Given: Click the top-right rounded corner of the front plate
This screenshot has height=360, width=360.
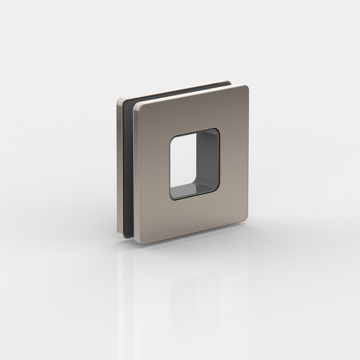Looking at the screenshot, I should click(245, 88).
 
